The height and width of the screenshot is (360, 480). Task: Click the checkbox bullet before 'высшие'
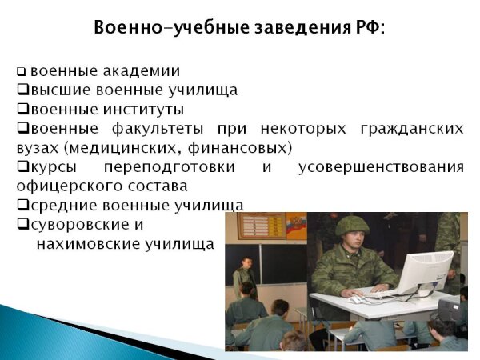pyautogui.click(x=22, y=90)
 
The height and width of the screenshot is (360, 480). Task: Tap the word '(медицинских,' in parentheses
pyautogui.click(x=113, y=148)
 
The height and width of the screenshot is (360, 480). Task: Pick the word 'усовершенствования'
pyautogui.click(x=380, y=167)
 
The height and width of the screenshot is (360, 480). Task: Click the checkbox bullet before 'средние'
pyautogui.click(x=22, y=206)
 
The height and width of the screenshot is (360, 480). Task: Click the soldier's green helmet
pyautogui.click(x=352, y=226)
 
